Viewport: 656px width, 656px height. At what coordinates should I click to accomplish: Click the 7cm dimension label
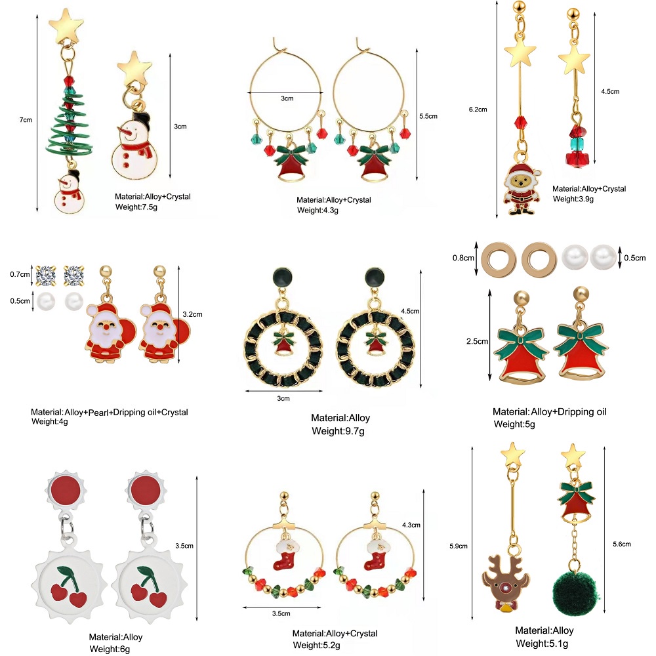[x=26, y=119]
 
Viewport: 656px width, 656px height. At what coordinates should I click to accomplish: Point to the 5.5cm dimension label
[x=428, y=116]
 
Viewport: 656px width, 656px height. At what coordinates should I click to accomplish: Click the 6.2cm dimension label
[x=477, y=110]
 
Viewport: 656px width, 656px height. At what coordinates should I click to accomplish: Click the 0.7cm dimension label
[x=19, y=273]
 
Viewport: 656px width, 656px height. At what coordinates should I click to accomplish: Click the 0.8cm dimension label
[x=462, y=257]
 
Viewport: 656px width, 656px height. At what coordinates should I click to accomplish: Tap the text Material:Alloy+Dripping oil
[x=550, y=412]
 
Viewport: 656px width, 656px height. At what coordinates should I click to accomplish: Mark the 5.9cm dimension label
[x=459, y=546]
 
